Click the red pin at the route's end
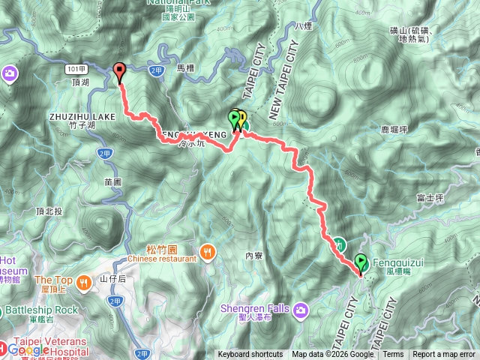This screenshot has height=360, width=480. (119, 72)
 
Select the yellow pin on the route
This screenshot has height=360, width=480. (241, 118)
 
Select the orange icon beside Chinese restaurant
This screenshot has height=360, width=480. (208, 250)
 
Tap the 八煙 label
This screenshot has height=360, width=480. (303, 26)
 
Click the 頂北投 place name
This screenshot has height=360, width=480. (49, 211)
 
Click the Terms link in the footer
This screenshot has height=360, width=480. (393, 355)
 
